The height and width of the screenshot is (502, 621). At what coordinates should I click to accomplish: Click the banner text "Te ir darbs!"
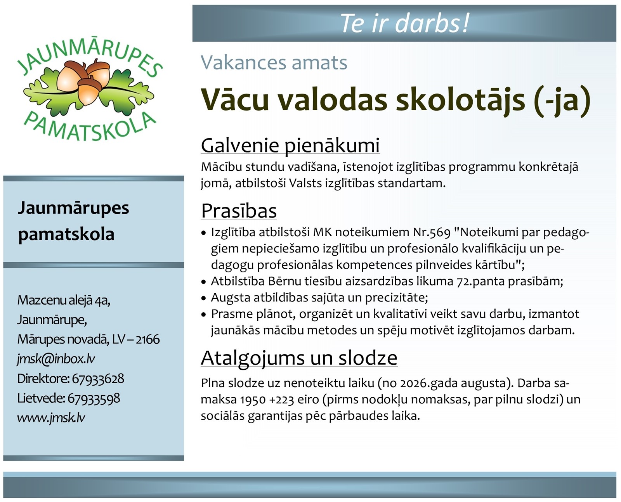[x=404, y=23]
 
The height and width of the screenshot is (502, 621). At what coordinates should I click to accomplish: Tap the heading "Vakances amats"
[x=274, y=62]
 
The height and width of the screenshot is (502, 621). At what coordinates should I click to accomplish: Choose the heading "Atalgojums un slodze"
[x=299, y=358]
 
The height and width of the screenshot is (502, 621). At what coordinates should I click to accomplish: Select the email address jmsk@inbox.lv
[x=56, y=359]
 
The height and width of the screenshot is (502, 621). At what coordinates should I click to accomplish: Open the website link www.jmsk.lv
[x=51, y=418]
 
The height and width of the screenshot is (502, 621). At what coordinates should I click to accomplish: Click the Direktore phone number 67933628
[x=98, y=379]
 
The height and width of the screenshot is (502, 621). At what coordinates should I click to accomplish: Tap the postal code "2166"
[x=148, y=339]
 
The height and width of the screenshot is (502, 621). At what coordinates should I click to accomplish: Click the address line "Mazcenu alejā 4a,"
[x=64, y=300]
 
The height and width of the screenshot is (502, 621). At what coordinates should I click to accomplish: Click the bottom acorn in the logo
[x=89, y=91]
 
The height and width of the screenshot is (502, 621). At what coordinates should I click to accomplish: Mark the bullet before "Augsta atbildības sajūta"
[x=204, y=298]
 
